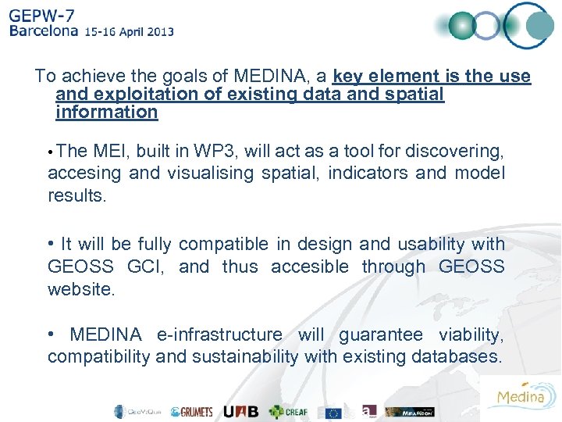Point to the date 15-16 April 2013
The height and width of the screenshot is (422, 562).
click(130, 32)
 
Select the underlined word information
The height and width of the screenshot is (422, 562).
click(107, 112)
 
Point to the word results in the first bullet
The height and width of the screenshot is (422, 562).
click(76, 195)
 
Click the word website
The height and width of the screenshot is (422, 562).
click(80, 289)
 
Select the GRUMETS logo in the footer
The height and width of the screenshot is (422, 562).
click(191, 412)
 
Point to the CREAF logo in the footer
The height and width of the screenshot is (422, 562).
click(288, 412)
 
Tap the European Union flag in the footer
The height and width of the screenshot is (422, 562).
click(334, 412)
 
